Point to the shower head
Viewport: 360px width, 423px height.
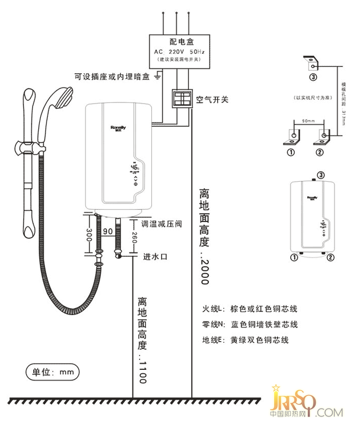[x=60, y=99]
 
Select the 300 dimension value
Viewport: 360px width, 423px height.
[x=88, y=234]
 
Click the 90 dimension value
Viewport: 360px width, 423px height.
[x=108, y=231]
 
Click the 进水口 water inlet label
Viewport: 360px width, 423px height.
[x=155, y=257]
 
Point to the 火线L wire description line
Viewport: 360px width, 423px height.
[x=250, y=308]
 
